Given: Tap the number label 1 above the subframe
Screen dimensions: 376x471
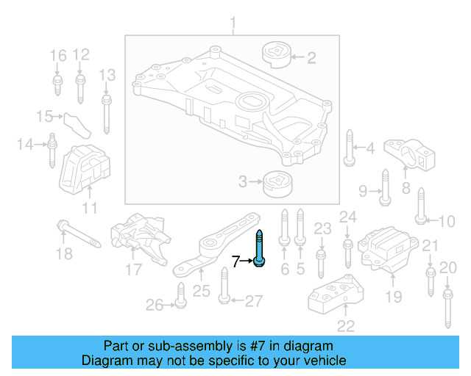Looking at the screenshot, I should (x=233, y=27).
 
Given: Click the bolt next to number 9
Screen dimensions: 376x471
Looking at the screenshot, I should (x=384, y=187).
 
